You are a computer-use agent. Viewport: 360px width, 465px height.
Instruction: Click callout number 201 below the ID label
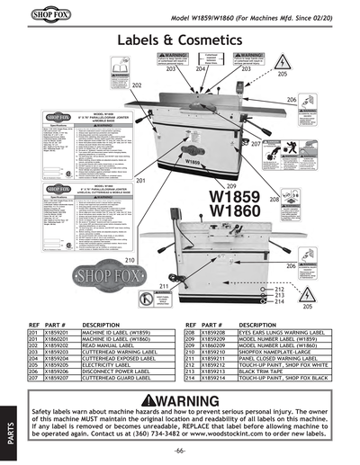click(140, 181)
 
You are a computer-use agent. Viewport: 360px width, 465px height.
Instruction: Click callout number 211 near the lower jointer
click(165, 285)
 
